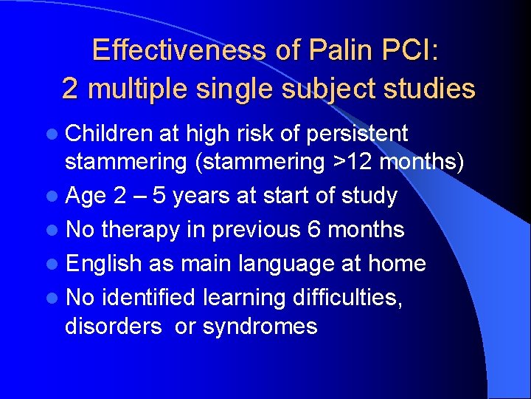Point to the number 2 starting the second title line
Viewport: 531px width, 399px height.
pos(69,89)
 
